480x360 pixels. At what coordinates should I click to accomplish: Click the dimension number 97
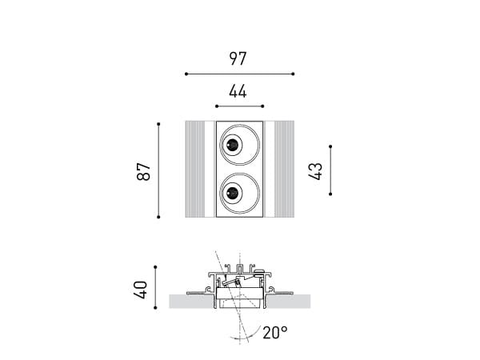pos(238,58)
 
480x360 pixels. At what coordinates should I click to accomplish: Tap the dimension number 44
pos(238,91)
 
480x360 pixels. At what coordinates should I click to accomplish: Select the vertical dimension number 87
pos(143,171)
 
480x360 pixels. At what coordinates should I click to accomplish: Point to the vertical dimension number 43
pos(315,171)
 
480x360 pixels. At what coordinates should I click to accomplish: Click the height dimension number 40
pos(141,290)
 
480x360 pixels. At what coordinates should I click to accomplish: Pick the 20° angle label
pos(275,333)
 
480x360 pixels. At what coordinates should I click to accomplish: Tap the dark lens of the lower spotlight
pos(232,193)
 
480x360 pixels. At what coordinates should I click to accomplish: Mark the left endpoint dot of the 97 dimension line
pos(186,74)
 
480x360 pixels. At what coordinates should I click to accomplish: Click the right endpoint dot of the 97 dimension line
pos(293,74)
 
